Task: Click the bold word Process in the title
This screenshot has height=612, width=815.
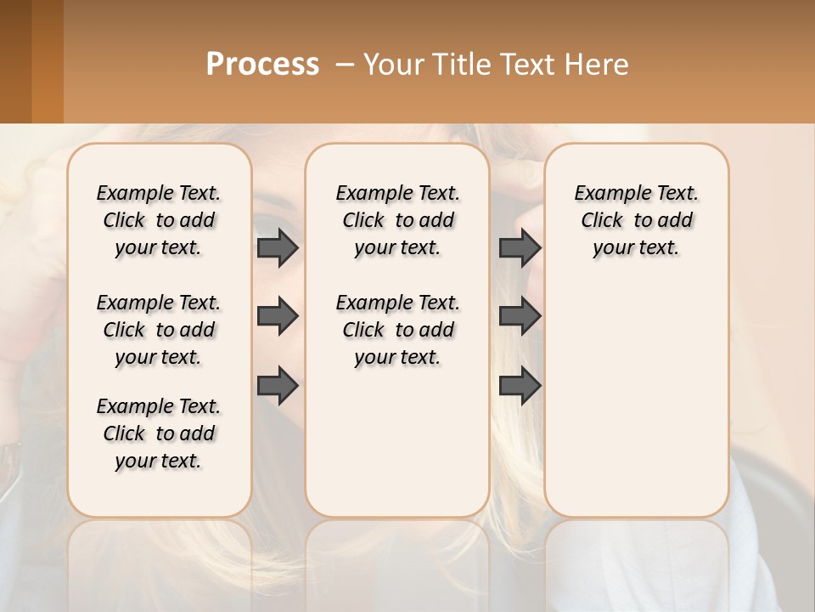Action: pyautogui.click(x=262, y=64)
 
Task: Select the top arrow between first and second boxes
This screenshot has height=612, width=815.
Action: pyautogui.click(x=277, y=247)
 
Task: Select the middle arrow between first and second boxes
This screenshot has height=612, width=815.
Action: pyautogui.click(x=277, y=316)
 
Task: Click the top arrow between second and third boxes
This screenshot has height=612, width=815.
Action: pyautogui.click(x=520, y=247)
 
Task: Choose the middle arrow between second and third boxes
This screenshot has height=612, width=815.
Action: pyautogui.click(x=520, y=316)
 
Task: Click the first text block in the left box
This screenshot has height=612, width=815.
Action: pyautogui.click(x=159, y=220)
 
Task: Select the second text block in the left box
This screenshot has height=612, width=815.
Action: pyautogui.click(x=159, y=330)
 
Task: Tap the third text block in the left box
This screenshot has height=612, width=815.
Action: pyautogui.click(x=159, y=433)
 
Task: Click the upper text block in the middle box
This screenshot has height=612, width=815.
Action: pyautogui.click(x=397, y=220)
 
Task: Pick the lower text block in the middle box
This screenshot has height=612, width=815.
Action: pyautogui.click(x=397, y=330)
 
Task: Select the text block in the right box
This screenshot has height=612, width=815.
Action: pyautogui.click(x=636, y=220)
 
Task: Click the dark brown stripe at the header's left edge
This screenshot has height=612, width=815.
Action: pyautogui.click(x=15, y=61)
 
